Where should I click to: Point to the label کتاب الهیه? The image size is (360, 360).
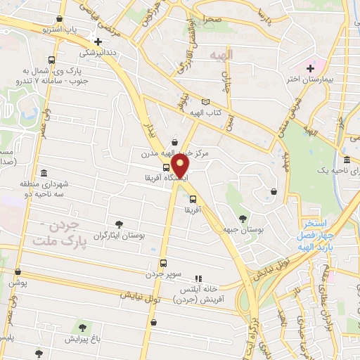pos(209,113)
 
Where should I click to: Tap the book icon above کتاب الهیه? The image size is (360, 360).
pos(205,101)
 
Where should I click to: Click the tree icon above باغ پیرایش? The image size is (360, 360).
pos(84,327)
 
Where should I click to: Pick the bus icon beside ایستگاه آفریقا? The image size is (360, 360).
pos(166,167)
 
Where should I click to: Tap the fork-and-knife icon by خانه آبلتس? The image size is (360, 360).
pos(198,278)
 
